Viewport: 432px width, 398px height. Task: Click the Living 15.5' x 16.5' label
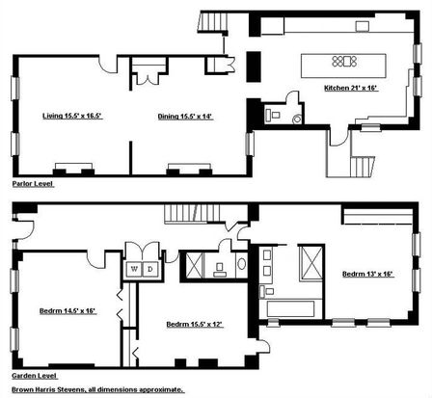click(72, 116)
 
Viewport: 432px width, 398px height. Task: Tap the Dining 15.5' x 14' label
click(185, 117)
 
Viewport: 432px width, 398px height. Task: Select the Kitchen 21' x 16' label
click(351, 88)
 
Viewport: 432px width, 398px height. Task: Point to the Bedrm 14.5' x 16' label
click(68, 311)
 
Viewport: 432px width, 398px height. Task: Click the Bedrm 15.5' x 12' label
click(195, 325)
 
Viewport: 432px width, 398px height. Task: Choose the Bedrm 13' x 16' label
click(368, 274)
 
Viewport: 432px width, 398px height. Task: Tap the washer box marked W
click(134, 269)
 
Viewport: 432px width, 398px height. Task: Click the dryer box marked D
click(150, 269)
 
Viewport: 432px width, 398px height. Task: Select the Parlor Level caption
click(33, 184)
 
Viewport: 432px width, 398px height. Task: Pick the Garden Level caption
click(35, 376)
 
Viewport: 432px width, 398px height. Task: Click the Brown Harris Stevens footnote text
click(97, 389)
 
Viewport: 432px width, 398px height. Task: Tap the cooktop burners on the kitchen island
click(344, 61)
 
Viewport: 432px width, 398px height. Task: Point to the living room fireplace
click(73, 170)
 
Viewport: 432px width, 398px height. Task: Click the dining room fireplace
click(189, 170)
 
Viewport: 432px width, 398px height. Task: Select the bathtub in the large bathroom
click(290, 308)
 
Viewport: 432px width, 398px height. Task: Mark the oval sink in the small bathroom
click(242, 264)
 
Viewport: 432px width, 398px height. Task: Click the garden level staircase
click(192, 213)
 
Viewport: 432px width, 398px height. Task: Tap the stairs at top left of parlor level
click(212, 22)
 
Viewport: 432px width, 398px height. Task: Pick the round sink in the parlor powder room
click(297, 119)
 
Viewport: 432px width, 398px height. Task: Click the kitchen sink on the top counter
click(363, 26)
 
